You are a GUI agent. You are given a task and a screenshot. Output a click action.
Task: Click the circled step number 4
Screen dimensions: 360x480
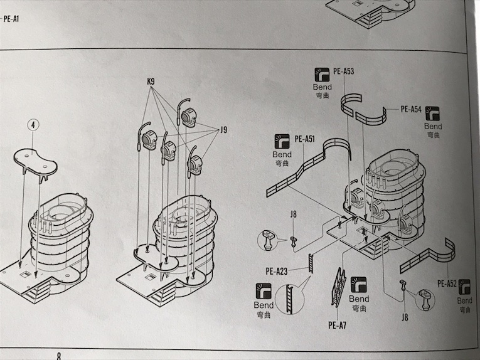pyautogui.click(x=33, y=125)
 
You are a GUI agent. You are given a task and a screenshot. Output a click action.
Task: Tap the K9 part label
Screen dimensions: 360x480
pyautogui.click(x=151, y=82)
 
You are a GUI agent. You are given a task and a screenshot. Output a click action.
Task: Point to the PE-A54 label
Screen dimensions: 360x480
pyautogui.click(x=411, y=109)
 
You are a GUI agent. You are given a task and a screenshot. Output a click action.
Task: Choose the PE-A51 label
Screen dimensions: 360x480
pyautogui.click(x=304, y=139)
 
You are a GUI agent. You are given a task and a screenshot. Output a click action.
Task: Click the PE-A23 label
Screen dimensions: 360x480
pyautogui.click(x=275, y=271)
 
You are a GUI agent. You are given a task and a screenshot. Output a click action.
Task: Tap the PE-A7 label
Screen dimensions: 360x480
pyautogui.click(x=337, y=325)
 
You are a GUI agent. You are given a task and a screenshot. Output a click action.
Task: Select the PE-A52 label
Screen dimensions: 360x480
pyautogui.click(x=447, y=283)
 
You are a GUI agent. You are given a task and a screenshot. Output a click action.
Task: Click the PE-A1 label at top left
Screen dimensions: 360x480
pyautogui.click(x=11, y=19)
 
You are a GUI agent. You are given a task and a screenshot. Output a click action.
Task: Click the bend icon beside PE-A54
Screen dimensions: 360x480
pyautogui.click(x=432, y=114)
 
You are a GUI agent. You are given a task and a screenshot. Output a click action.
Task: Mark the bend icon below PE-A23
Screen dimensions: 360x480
pyautogui.click(x=264, y=292)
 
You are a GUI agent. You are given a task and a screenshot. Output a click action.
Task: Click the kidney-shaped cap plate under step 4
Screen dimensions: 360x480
pyautogui.click(x=36, y=160)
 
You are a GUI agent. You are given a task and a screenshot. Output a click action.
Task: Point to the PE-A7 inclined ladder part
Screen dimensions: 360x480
pyautogui.click(x=339, y=287)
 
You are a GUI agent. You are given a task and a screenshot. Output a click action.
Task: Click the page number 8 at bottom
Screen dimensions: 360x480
pyautogui.click(x=59, y=355)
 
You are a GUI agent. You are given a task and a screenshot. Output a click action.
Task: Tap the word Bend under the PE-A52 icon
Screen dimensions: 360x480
pyautogui.click(x=465, y=301)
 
